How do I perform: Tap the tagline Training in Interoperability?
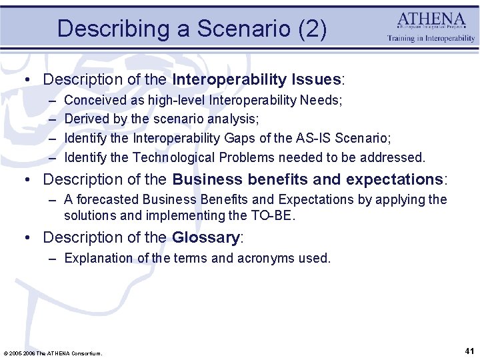point(431,39)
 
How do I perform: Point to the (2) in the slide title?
point(312,29)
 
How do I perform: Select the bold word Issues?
point(316,79)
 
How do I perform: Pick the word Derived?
point(87,119)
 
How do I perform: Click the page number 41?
point(469,351)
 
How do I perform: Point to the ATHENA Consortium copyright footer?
point(53,353)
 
